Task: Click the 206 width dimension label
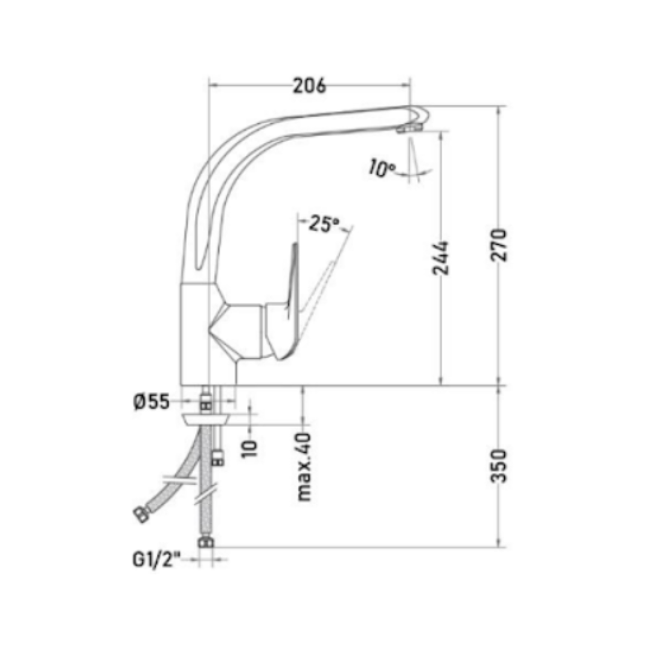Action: [309, 86]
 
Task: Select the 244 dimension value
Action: [440, 258]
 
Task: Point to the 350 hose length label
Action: [498, 465]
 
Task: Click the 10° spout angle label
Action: [382, 168]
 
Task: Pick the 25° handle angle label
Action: [324, 223]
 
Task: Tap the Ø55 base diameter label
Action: [151, 402]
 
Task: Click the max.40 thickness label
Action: [304, 467]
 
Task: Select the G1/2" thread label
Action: [157, 559]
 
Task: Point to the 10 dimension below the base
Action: [249, 448]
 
